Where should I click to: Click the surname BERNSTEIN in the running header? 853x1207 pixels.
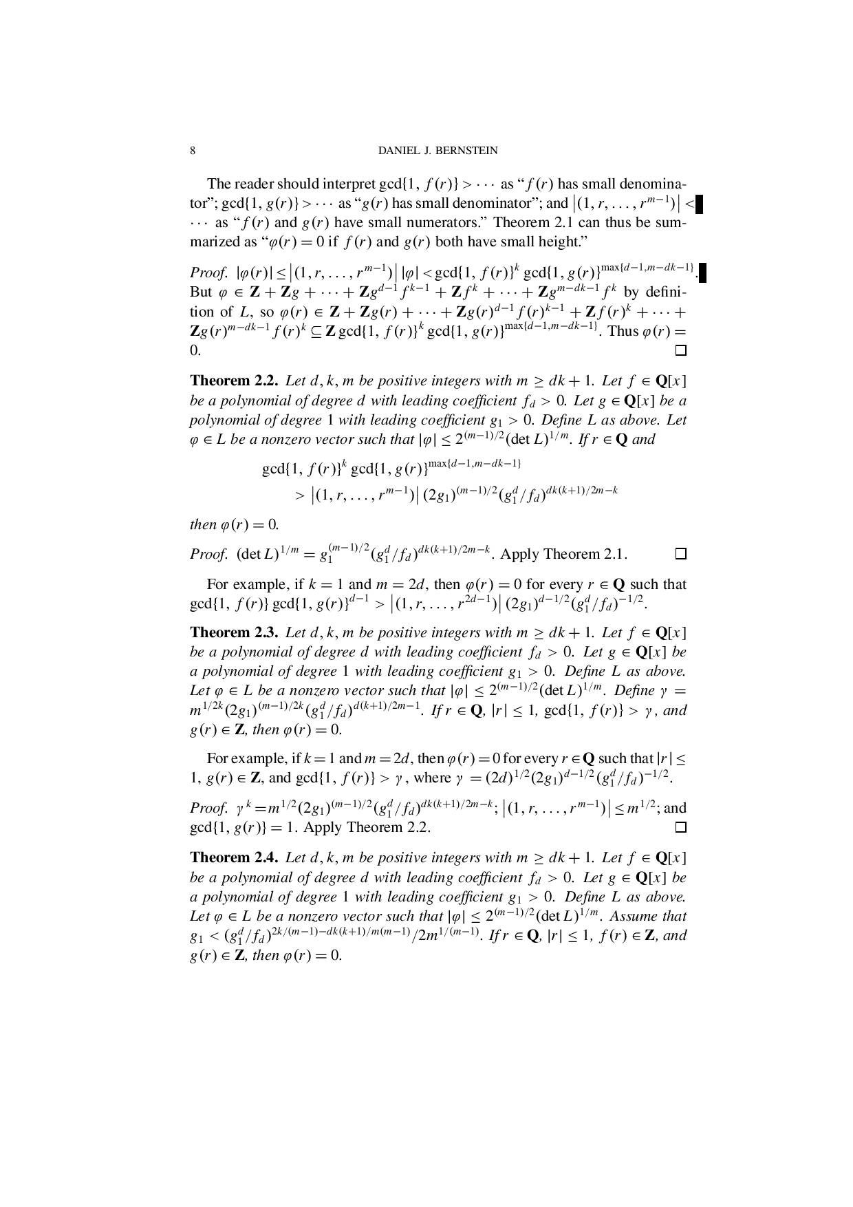465,151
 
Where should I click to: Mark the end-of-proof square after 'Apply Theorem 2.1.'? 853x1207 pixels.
680,554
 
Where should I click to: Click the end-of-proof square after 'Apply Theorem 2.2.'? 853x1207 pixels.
680,827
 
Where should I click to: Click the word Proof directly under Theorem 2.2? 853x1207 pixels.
208,555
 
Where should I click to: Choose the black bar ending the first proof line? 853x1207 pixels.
702,273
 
